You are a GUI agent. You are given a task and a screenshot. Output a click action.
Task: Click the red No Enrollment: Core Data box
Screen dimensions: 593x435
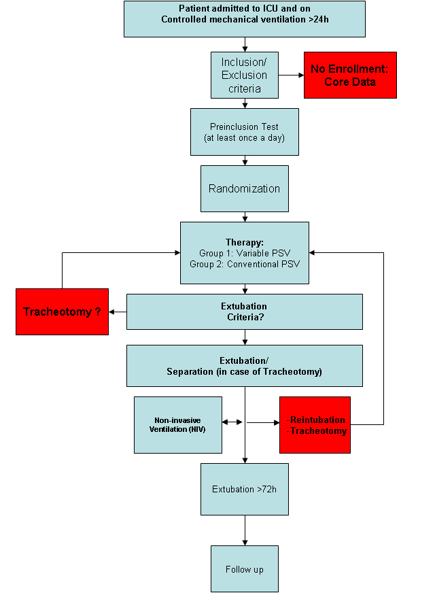point(350,75)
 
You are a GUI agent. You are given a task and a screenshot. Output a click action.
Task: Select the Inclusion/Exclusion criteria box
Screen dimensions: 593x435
point(245,75)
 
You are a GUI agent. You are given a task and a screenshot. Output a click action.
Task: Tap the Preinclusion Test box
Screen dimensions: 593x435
point(245,132)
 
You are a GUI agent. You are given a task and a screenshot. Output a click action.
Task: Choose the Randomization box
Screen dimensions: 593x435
point(245,188)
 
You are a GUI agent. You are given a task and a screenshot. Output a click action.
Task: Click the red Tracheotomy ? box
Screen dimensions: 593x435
point(62,311)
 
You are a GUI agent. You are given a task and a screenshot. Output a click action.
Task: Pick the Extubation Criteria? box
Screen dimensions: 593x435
point(245,311)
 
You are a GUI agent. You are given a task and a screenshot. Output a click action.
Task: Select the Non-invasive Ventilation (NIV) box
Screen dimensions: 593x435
point(178,425)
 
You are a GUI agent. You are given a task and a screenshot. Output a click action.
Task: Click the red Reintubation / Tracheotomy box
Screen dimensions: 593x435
point(315,425)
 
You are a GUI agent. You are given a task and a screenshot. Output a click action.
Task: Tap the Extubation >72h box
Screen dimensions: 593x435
point(245,489)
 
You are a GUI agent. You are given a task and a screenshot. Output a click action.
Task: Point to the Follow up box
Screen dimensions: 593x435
point(245,569)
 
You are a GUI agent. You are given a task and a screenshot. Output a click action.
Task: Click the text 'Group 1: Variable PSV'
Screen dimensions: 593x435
point(244,253)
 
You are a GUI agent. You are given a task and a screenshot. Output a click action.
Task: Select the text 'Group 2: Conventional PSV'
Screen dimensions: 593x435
point(244,263)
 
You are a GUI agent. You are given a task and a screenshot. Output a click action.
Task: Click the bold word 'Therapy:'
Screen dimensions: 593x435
point(244,243)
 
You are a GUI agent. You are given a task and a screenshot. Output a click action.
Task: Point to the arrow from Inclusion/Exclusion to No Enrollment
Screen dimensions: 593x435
point(291,75)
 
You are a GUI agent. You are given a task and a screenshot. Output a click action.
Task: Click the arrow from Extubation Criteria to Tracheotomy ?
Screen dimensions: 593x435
point(118,312)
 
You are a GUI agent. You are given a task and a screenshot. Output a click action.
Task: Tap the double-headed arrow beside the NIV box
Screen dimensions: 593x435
point(232,422)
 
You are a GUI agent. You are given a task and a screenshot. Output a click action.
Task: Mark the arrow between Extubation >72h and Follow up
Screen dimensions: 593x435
point(245,530)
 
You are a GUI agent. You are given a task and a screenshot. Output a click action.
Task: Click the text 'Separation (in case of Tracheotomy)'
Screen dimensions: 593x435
point(245,371)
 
